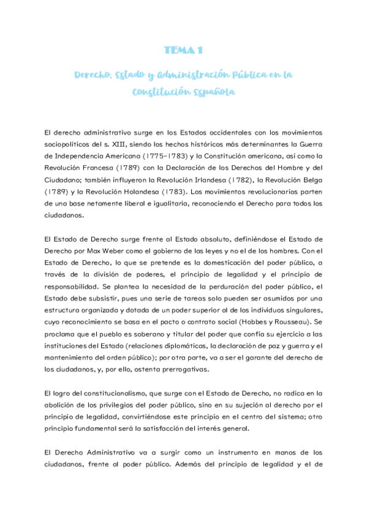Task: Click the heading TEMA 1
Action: pos(183,50)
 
